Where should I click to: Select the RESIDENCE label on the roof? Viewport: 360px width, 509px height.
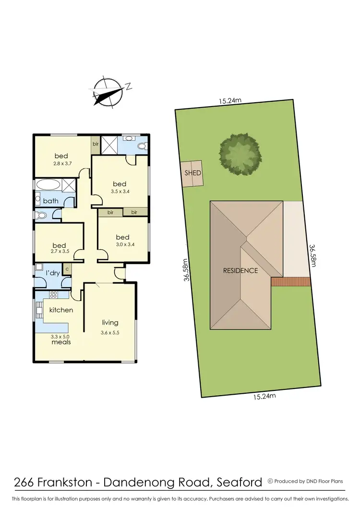240,270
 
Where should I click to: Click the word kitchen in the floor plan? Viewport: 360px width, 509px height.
61,310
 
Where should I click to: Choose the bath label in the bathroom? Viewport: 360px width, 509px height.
50,201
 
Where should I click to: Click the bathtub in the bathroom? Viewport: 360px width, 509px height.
47,184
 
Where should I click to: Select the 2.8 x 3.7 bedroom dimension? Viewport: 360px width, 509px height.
61,164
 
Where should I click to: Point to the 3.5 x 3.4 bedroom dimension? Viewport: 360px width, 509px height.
120,191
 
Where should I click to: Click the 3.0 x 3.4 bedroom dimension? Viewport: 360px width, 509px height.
122,244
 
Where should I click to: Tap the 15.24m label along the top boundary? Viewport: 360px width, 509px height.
230,101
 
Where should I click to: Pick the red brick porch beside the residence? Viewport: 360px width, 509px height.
290,282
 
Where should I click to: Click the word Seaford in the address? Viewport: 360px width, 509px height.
239,482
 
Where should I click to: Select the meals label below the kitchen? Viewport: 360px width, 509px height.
61,342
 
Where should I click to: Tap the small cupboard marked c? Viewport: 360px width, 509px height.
67,269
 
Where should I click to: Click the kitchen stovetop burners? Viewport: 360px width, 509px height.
52,295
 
